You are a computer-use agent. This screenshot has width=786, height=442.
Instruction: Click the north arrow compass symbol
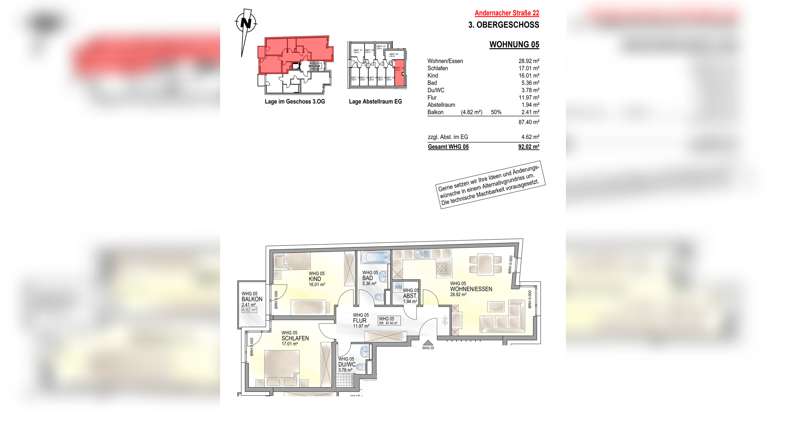(x=246, y=23)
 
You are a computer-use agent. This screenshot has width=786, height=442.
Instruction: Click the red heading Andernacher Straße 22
(x=507, y=13)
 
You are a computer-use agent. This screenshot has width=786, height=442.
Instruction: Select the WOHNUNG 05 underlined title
(x=514, y=45)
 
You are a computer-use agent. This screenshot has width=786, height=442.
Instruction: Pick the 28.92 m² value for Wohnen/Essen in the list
(x=529, y=61)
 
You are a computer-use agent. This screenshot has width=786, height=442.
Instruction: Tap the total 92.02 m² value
(x=528, y=147)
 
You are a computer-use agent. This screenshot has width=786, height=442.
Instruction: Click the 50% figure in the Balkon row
(x=496, y=112)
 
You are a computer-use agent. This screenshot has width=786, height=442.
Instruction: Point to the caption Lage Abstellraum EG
(x=375, y=102)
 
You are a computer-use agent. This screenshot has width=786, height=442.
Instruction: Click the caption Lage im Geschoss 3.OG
(x=295, y=102)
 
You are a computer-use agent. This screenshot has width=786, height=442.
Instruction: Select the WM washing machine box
(x=398, y=287)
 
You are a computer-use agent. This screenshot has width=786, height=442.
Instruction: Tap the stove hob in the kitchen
(x=442, y=268)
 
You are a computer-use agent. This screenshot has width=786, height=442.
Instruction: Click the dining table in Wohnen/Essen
(x=485, y=264)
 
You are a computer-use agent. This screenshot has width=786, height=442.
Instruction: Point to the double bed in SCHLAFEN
(x=282, y=367)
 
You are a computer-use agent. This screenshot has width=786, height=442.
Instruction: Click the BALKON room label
(x=252, y=299)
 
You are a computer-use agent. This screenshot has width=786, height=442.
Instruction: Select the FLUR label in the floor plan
(x=360, y=320)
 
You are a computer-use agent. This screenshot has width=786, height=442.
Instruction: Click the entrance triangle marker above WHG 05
(x=428, y=343)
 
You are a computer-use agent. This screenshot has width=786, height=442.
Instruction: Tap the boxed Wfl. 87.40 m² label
(x=389, y=321)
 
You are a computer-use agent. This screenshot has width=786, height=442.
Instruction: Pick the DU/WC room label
(x=347, y=364)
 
